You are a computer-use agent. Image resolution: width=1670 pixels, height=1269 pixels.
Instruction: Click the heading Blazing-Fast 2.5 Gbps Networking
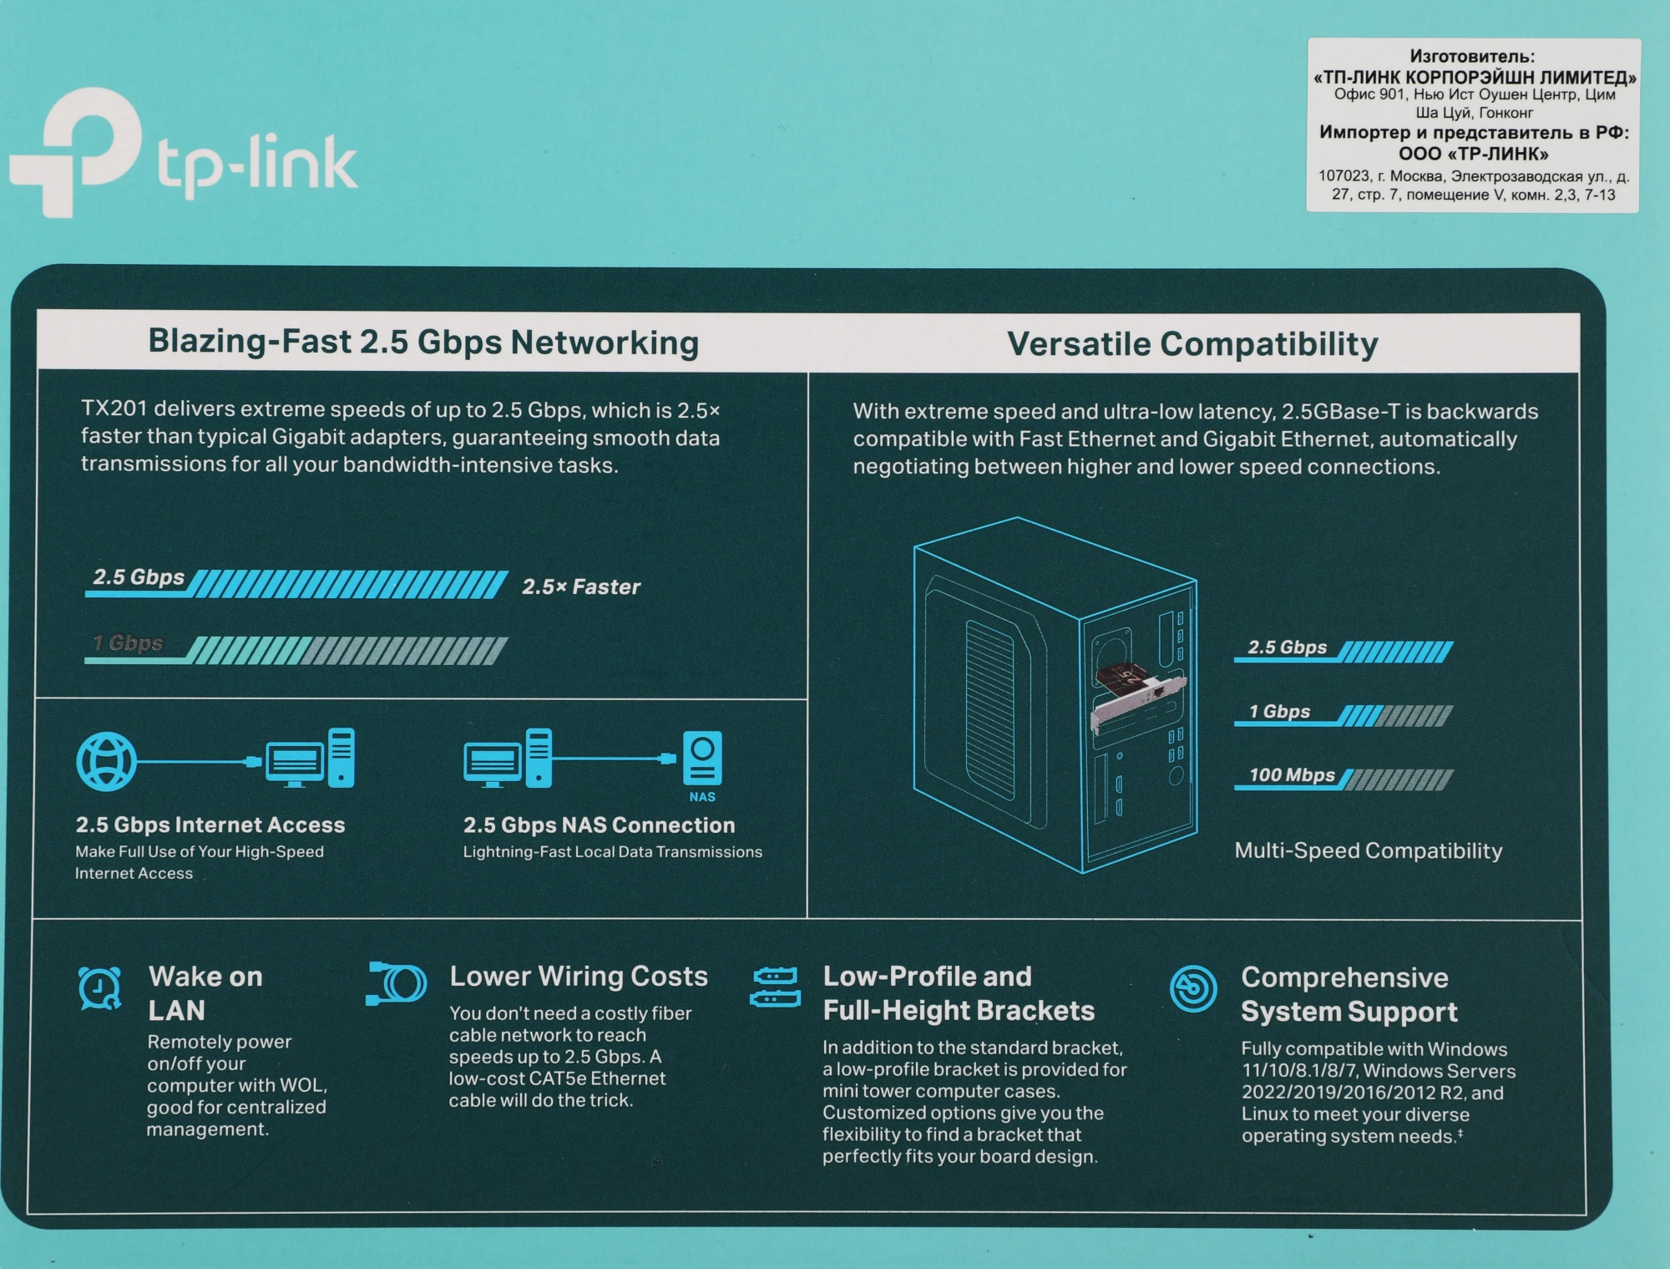423,343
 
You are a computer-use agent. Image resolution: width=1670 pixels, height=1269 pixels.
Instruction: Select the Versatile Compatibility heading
1192,344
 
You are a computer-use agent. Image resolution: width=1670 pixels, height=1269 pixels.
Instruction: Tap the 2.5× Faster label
581,586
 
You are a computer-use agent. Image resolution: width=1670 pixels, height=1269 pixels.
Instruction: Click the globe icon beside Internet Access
106,761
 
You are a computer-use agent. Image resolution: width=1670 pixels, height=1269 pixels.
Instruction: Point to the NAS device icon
702,759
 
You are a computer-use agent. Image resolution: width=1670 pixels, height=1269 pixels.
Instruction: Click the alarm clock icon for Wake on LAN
99,988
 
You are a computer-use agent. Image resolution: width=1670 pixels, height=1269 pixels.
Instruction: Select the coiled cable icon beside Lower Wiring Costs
397,983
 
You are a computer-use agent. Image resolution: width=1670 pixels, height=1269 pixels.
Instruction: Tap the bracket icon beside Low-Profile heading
776,987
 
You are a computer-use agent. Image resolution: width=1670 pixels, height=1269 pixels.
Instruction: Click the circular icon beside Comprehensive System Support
1192,988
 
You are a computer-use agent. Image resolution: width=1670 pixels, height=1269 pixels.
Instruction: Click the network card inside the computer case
1136,691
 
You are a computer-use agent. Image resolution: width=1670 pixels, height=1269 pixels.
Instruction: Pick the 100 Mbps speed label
1291,775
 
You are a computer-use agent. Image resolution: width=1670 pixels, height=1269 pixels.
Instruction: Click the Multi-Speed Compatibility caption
1368,850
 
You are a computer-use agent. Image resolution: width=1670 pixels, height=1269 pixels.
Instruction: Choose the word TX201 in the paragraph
114,409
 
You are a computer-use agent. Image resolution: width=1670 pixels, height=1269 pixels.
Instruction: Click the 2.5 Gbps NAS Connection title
599,825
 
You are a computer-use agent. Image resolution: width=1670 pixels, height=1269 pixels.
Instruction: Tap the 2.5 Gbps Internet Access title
210,825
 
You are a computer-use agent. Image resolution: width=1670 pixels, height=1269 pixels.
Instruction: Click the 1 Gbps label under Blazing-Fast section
128,643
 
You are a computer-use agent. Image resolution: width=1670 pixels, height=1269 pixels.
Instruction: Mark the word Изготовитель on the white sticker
1471,57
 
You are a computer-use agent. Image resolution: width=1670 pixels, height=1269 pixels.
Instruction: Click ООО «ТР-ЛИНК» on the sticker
1473,154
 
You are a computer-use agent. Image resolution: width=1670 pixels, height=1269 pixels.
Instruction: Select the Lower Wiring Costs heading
578,976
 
